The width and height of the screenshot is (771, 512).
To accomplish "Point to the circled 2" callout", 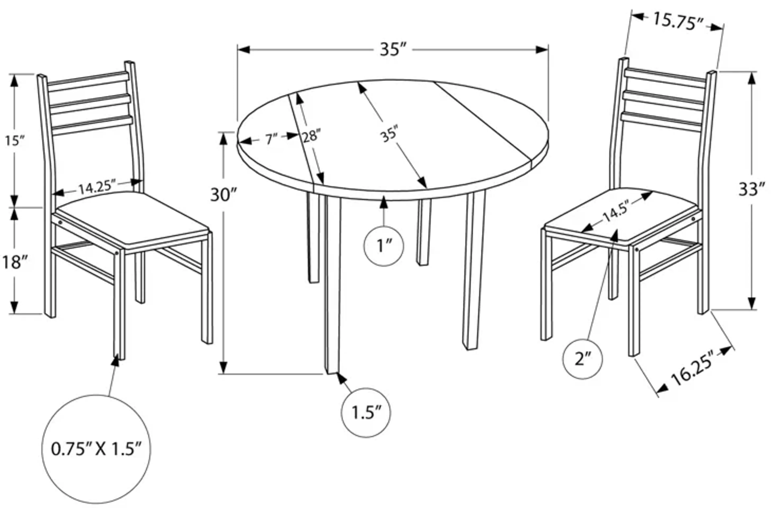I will [x=582, y=359].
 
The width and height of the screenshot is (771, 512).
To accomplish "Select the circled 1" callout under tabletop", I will [x=383, y=246].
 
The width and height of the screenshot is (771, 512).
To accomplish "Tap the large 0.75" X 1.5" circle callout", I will [x=96, y=449].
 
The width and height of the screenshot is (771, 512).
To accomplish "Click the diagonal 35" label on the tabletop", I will [x=390, y=133].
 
